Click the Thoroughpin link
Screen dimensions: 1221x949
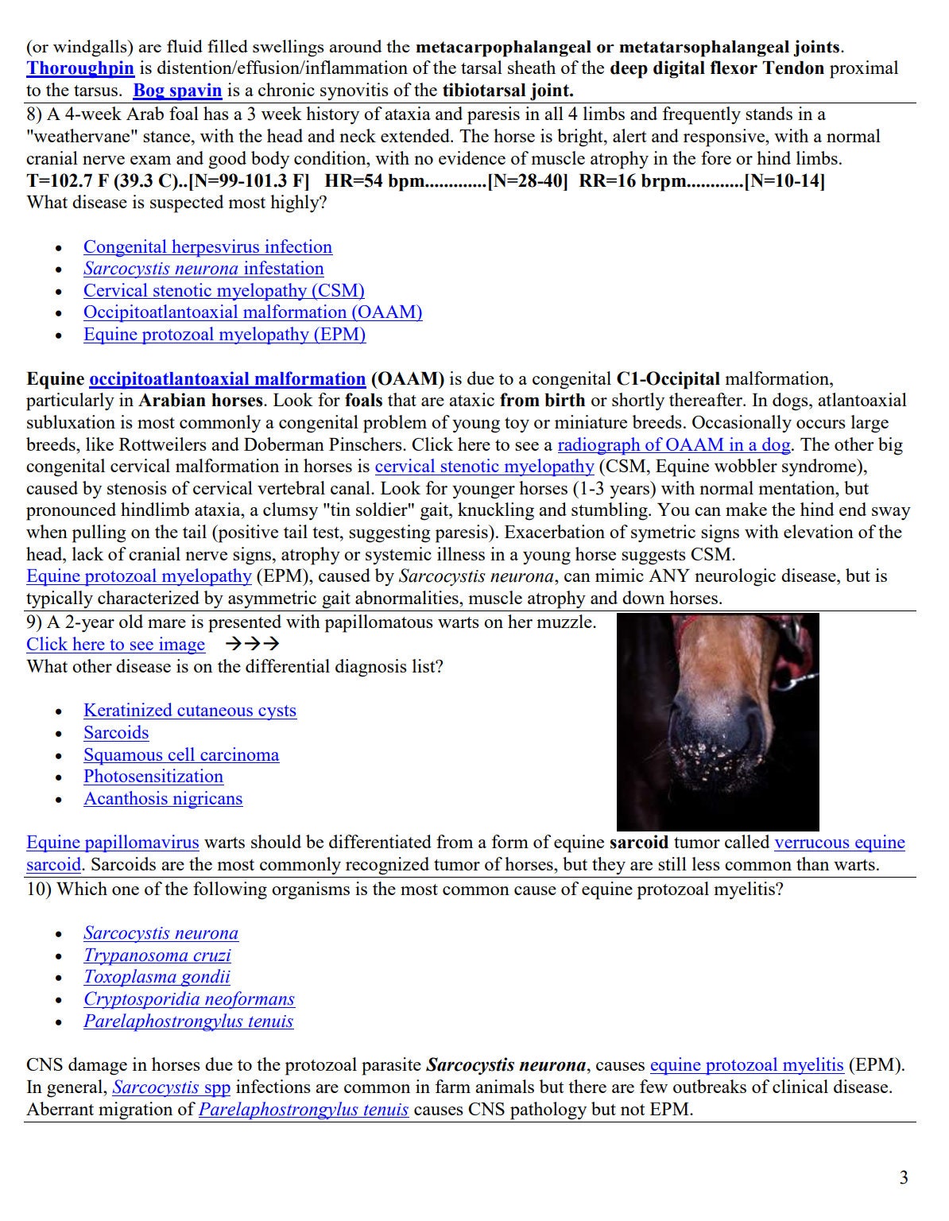click(79, 68)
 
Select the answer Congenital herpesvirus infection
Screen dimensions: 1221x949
click(207, 247)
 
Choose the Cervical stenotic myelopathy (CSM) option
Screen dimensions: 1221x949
click(223, 291)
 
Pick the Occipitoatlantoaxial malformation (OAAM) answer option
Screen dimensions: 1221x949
click(252, 312)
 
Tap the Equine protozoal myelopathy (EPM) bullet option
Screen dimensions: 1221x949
click(224, 335)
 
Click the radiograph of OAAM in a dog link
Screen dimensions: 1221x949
click(673, 445)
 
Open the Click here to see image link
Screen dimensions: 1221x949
click(115, 645)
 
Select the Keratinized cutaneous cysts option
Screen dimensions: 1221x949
click(189, 711)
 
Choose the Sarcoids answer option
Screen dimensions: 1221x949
click(116, 733)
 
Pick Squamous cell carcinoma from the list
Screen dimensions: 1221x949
click(181, 755)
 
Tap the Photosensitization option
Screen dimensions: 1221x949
click(153, 777)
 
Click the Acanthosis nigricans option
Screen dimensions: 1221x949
click(163, 799)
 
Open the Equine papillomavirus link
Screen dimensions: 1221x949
click(112, 843)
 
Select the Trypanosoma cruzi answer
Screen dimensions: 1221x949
click(157, 955)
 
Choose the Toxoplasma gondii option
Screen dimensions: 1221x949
click(157, 978)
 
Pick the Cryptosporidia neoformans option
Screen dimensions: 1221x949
click(188, 999)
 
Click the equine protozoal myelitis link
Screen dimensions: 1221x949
click(746, 1065)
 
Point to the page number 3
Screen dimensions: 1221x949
click(904, 1178)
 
